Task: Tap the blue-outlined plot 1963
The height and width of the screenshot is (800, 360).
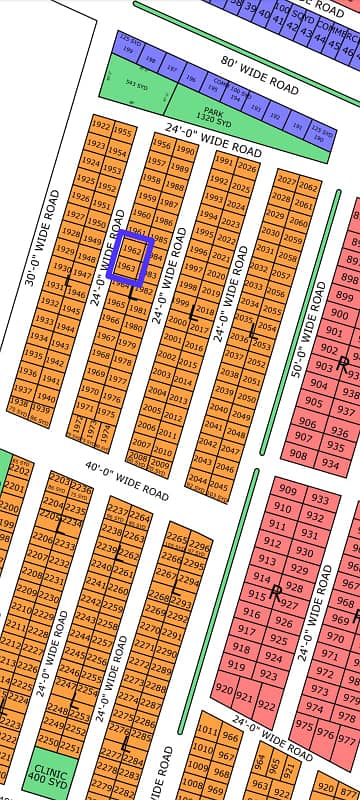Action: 126,268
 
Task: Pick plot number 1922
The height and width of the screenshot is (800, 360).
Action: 100,127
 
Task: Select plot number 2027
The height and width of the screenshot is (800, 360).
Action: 287,181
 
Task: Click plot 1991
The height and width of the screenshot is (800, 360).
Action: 222,162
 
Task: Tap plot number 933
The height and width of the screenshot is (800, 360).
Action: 319,499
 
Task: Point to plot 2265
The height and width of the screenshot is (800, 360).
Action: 176,539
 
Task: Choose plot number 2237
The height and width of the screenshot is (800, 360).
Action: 117,510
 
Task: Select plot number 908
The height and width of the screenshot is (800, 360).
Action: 298,451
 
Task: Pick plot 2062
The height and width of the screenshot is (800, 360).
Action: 309,187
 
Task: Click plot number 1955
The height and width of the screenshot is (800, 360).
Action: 122,133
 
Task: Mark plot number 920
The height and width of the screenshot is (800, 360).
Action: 224,690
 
